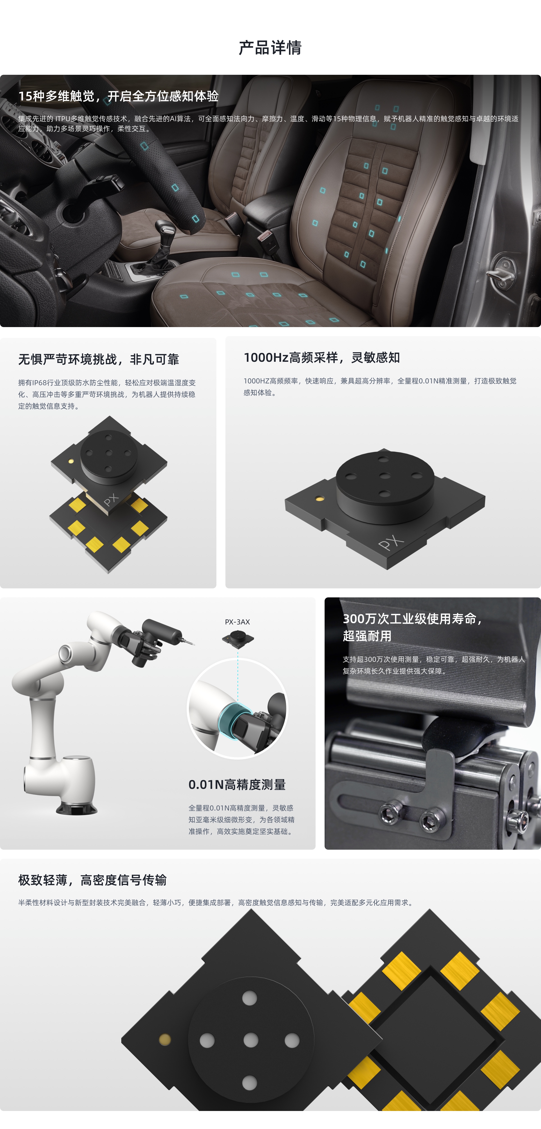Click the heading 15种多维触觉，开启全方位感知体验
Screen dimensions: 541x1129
[118, 96]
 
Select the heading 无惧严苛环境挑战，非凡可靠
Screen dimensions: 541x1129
[99, 359]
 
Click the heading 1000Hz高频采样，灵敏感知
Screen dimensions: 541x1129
[322, 358]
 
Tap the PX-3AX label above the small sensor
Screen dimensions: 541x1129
[237, 622]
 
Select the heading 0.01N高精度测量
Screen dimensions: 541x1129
[237, 785]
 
